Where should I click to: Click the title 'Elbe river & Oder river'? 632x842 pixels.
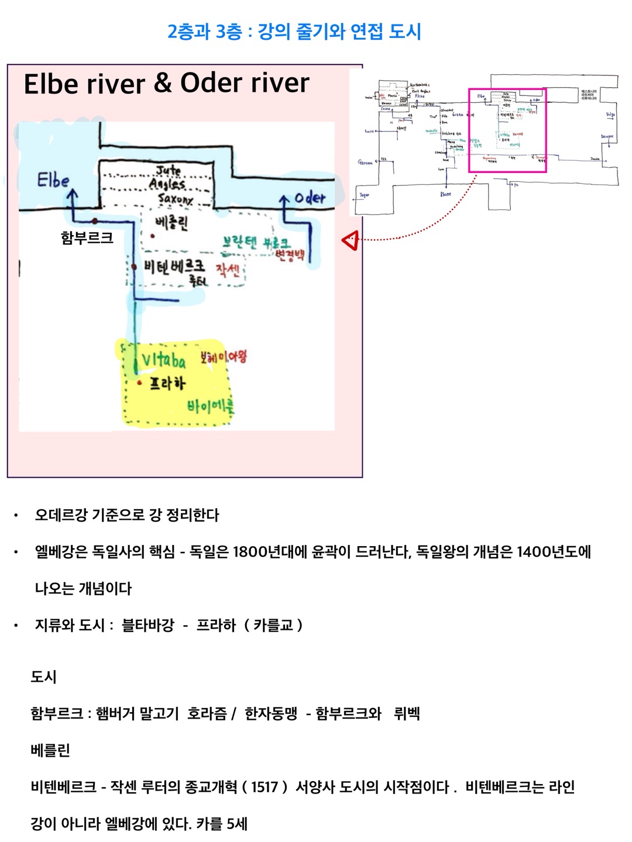pyautogui.click(x=166, y=83)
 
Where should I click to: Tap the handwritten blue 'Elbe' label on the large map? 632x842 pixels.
pyautogui.click(x=53, y=180)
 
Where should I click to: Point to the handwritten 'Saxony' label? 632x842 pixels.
pyautogui.click(x=175, y=199)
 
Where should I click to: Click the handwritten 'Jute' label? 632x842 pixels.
pyautogui.click(x=168, y=171)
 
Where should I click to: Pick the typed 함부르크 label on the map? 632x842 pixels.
pyautogui.click(x=87, y=238)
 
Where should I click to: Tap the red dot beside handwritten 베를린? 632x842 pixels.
pyautogui.click(x=152, y=236)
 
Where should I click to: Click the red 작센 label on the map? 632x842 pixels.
pyautogui.click(x=228, y=270)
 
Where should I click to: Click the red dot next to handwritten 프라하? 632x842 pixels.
pyautogui.click(x=139, y=384)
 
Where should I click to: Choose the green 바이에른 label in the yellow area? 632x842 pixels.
pyautogui.click(x=210, y=405)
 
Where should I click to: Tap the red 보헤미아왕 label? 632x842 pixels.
pyautogui.click(x=223, y=356)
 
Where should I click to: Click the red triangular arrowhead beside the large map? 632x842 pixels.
pyautogui.click(x=350, y=240)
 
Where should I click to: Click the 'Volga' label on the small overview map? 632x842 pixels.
pyautogui.click(x=610, y=115)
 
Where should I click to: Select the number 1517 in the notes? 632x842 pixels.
pyautogui.click(x=265, y=787)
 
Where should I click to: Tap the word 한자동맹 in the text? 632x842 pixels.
pyautogui.click(x=271, y=713)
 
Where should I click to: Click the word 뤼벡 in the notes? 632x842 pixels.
pyautogui.click(x=407, y=713)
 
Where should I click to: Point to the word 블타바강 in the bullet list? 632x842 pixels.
pyautogui.click(x=147, y=625)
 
